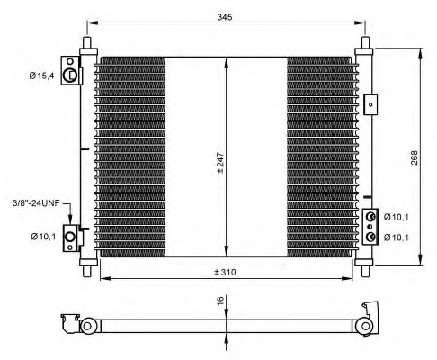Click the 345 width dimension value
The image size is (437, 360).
[x=225, y=17]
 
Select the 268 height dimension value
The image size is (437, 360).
[x=414, y=157]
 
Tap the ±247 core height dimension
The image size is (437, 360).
[x=220, y=163]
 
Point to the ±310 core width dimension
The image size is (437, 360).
[x=225, y=272]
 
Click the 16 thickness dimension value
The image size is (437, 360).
[x=220, y=301]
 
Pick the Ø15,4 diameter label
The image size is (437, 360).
[x=41, y=76]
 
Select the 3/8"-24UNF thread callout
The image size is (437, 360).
[x=36, y=203]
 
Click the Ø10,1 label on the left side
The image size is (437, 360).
[x=43, y=237]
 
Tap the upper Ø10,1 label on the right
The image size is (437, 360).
[x=397, y=217]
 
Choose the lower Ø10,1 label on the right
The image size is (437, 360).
[x=397, y=238]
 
